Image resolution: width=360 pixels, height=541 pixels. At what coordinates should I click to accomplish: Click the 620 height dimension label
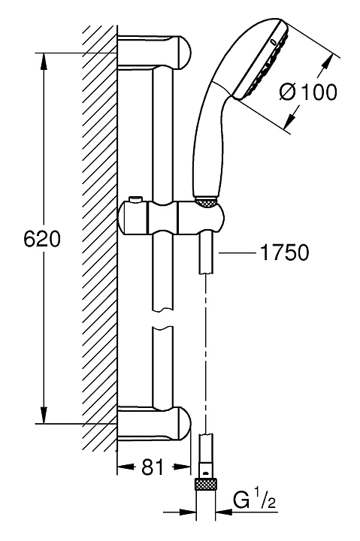pyautogui.click(x=42, y=238)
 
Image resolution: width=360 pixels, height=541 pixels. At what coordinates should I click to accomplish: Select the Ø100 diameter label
pyautogui.click(x=308, y=92)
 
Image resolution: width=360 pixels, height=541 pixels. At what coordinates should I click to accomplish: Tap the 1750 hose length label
pyautogui.click(x=284, y=252)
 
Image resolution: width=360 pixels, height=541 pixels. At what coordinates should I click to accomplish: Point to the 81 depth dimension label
pyautogui.click(x=153, y=467)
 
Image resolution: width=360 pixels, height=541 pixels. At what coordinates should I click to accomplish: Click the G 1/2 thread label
pyautogui.click(x=255, y=501)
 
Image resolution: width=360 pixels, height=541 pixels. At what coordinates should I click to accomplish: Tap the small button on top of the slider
pyautogui.click(x=135, y=200)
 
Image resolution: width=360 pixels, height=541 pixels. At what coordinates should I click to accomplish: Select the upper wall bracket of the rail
pyautogui.click(x=154, y=53)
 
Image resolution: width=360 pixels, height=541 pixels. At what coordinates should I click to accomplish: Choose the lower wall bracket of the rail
pyautogui.click(x=154, y=424)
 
